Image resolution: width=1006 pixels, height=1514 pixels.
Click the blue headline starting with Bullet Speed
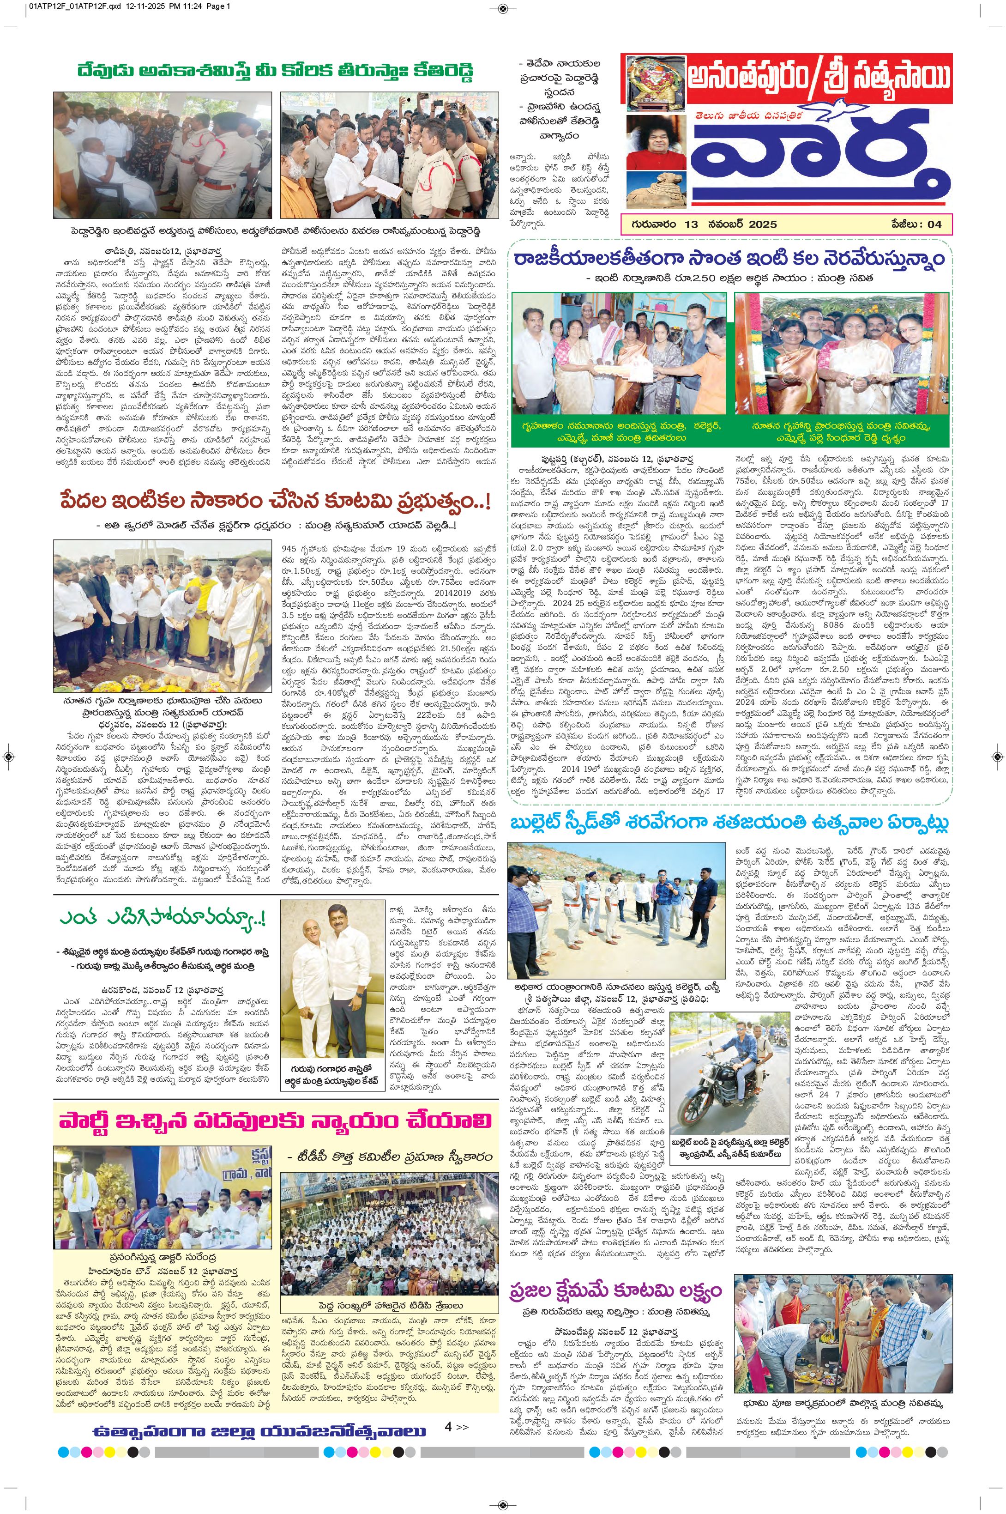pyautogui.click(x=729, y=824)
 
